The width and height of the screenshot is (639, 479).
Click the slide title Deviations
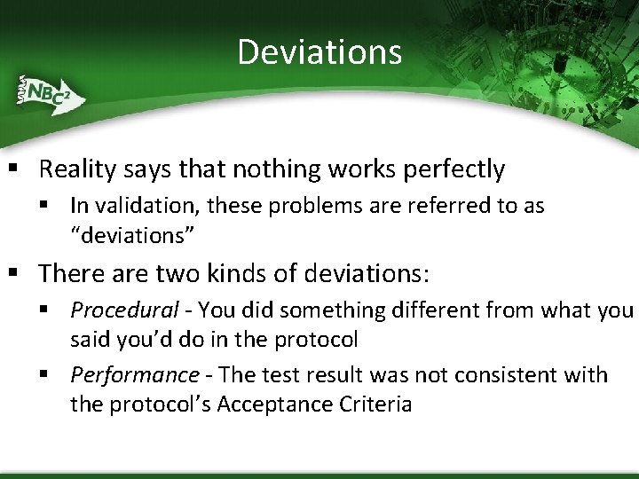click(x=319, y=51)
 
